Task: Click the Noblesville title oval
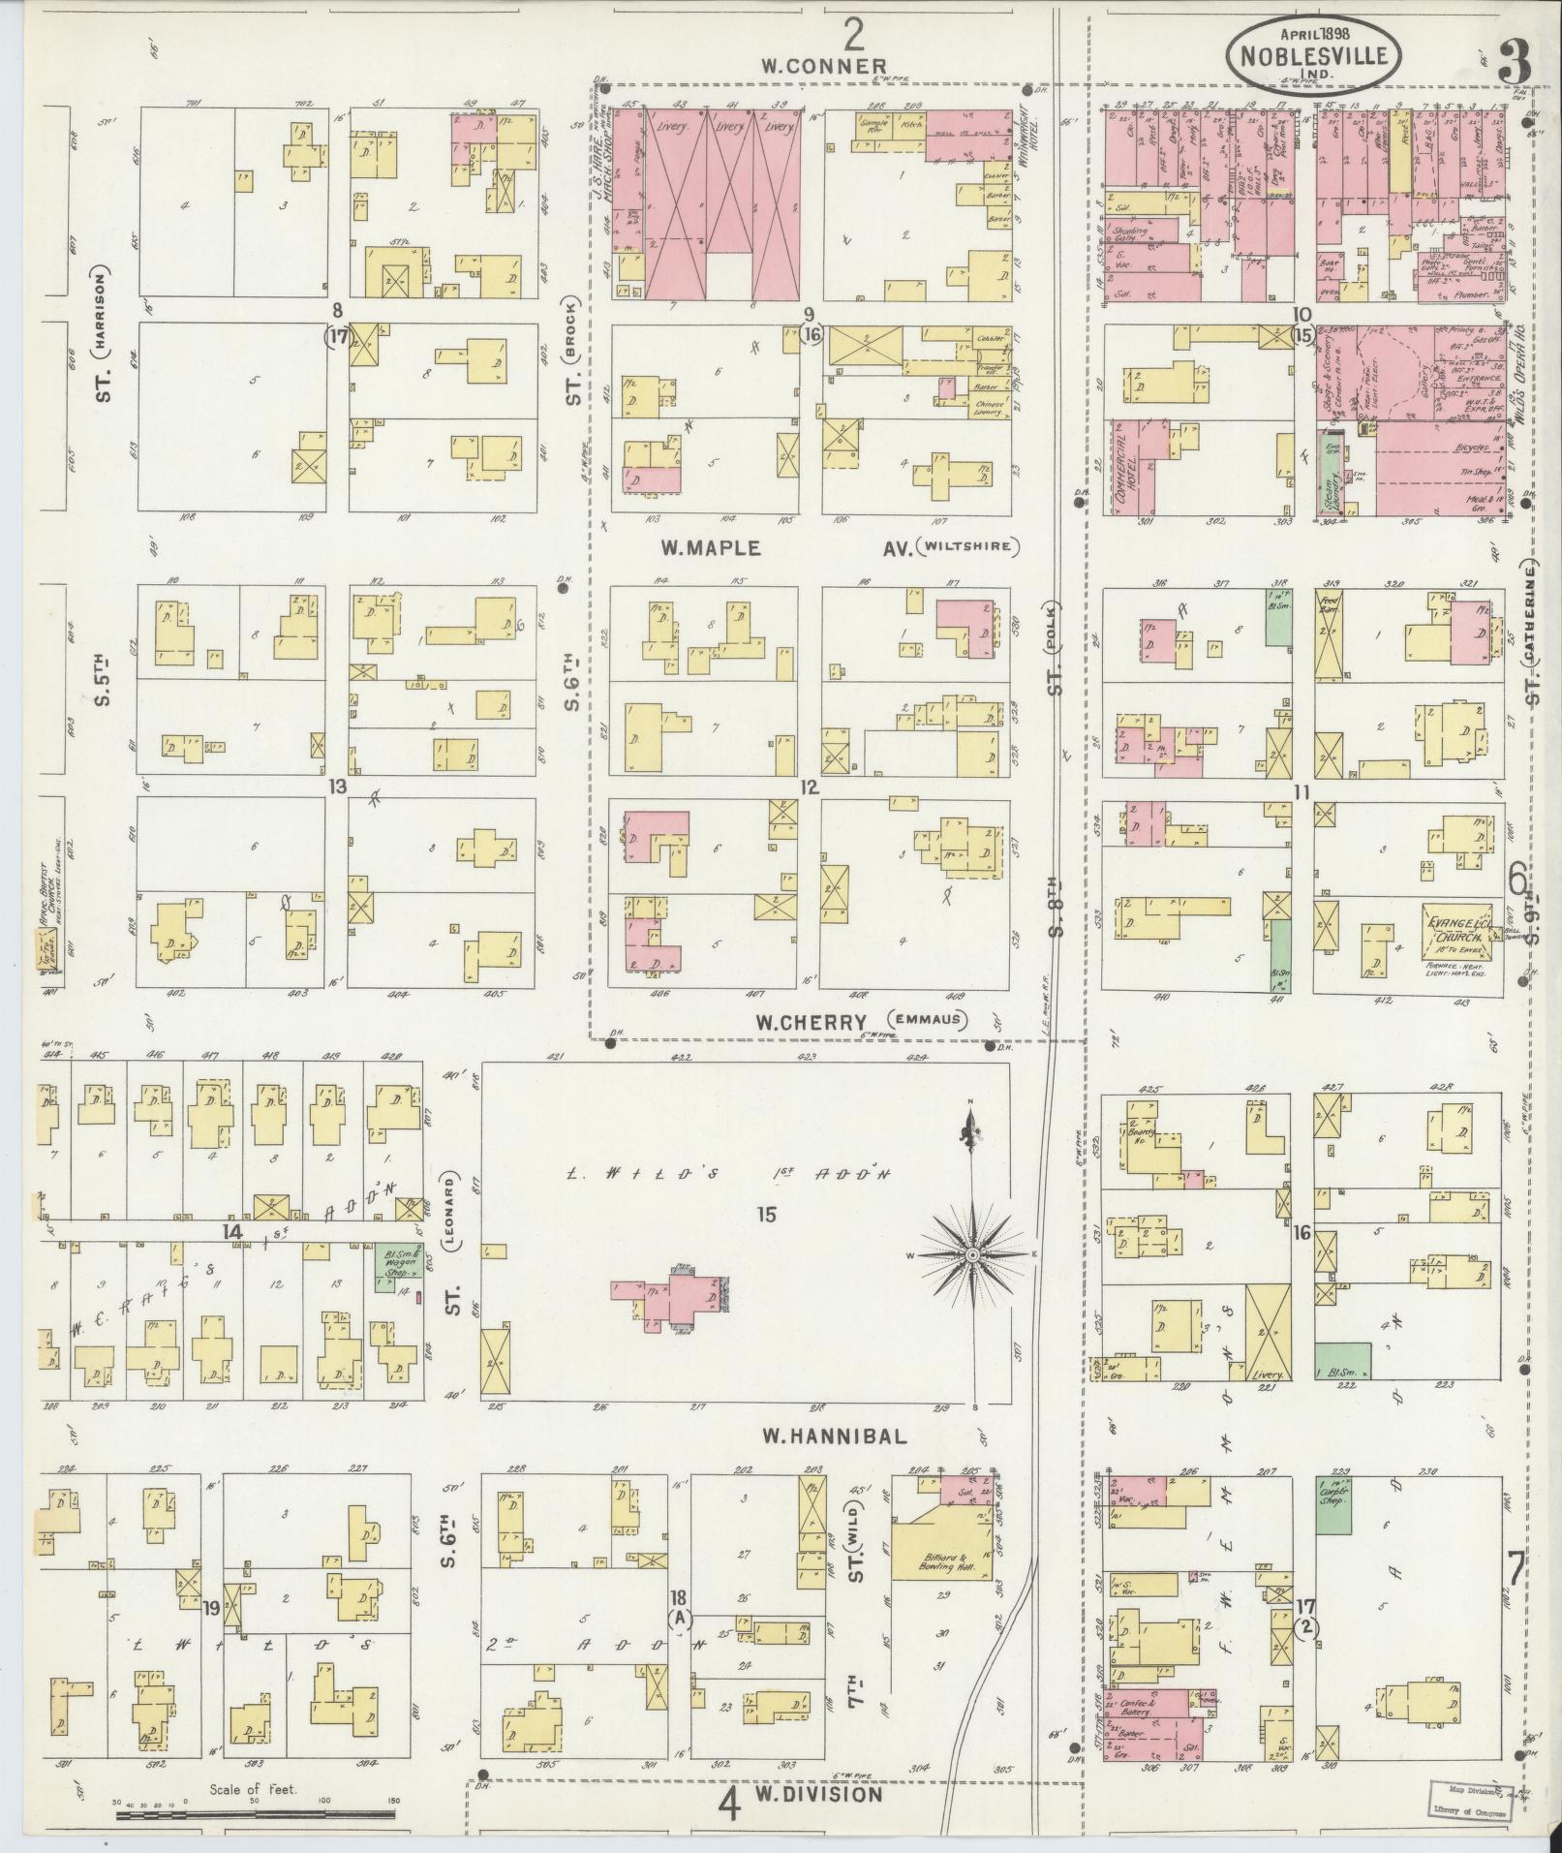[x=1312, y=54]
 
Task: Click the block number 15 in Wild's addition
[x=767, y=1214]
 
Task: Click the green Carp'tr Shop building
[x=1333, y=1531]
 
